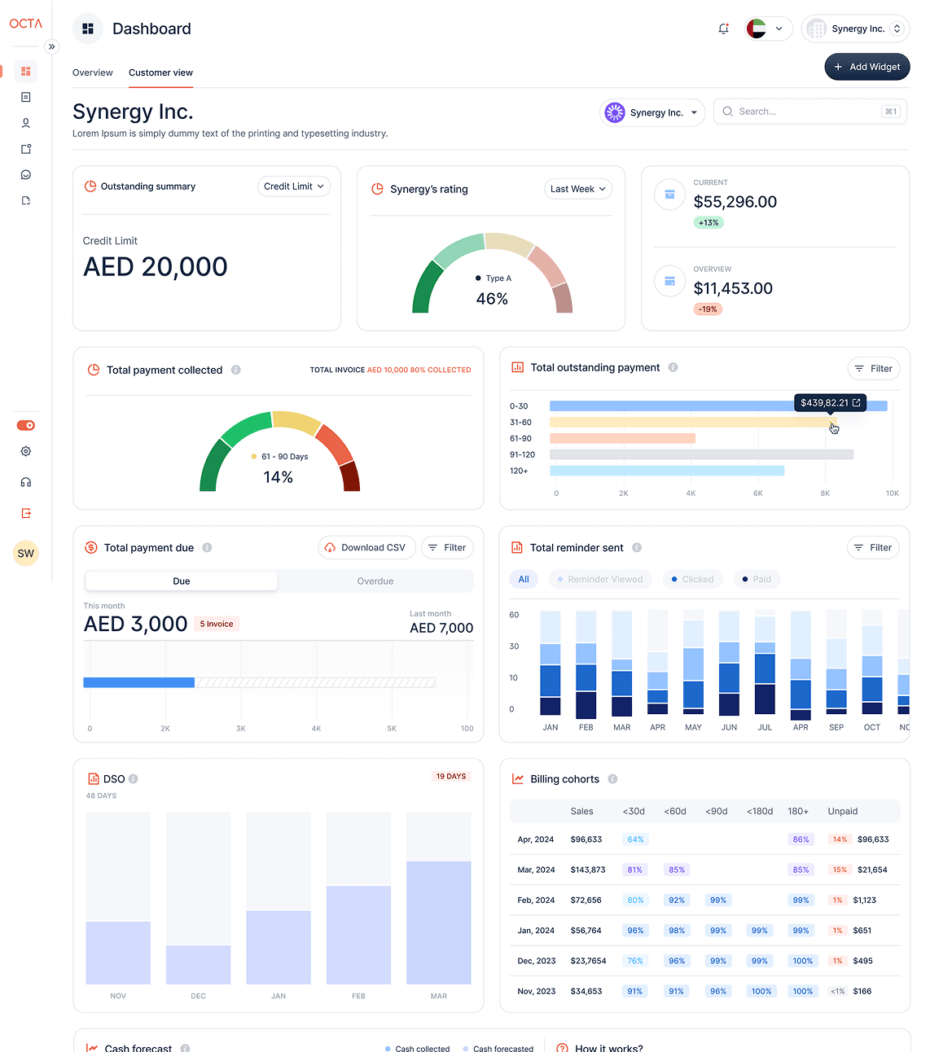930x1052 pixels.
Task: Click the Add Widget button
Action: click(x=866, y=67)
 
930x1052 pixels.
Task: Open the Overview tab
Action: click(x=93, y=72)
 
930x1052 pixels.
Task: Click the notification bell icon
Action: click(x=723, y=28)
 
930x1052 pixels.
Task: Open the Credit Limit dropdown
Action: click(x=294, y=186)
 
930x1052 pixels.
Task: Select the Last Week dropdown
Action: click(x=577, y=189)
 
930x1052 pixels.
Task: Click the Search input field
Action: click(x=809, y=112)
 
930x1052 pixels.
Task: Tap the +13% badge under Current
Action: click(x=708, y=223)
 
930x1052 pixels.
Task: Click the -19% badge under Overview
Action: click(x=708, y=309)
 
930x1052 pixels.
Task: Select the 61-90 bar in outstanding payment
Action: click(x=622, y=438)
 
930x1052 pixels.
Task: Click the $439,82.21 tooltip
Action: click(x=830, y=402)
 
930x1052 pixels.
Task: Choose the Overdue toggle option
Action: click(x=375, y=581)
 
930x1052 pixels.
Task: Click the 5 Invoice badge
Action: click(x=217, y=625)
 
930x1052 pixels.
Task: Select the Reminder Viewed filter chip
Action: click(x=600, y=580)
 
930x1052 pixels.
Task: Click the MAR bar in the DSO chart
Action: click(x=438, y=922)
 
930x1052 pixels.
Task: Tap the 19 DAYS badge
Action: click(x=450, y=776)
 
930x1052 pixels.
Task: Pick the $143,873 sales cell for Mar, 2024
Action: click(x=588, y=870)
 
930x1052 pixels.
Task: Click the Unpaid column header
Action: click(x=842, y=811)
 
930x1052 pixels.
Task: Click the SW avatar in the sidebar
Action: click(x=26, y=554)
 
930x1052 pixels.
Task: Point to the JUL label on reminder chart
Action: click(x=765, y=727)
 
